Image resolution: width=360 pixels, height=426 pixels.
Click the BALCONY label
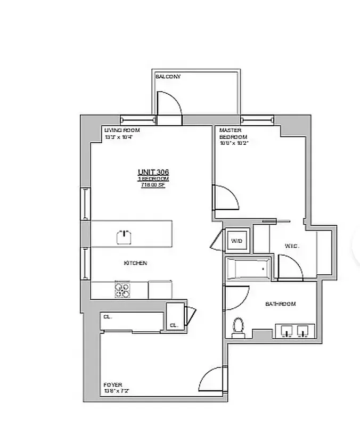(168, 77)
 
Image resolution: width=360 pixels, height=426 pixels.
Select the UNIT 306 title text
(153, 171)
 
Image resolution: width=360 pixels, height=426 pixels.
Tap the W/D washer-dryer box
(236, 241)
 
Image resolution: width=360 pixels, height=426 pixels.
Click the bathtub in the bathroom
(249, 269)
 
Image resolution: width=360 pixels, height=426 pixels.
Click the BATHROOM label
(281, 304)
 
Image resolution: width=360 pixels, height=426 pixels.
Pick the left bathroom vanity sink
(288, 331)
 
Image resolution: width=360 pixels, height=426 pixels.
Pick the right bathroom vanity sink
(304, 331)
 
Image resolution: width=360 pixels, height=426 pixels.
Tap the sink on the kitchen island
(124, 235)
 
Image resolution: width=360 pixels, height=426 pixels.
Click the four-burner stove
(122, 289)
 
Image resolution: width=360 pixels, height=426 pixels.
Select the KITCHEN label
(135, 263)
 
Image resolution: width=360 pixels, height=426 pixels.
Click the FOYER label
(113, 384)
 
